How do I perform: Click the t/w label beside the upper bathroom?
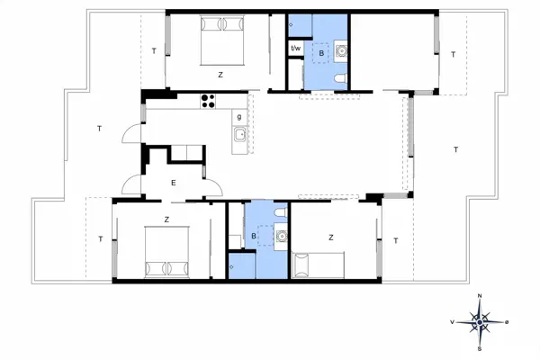[295, 48]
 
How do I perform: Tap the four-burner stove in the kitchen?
[210, 101]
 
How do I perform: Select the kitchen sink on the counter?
[239, 136]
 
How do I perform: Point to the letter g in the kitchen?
[238, 116]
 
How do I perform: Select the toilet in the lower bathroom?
[280, 212]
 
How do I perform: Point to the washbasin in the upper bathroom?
[341, 51]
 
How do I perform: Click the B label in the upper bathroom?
[320, 54]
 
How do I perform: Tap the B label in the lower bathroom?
[255, 236]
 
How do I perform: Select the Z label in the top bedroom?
[220, 75]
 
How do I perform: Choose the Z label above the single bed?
[330, 238]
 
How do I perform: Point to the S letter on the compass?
[481, 347]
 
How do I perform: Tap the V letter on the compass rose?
[452, 321]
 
